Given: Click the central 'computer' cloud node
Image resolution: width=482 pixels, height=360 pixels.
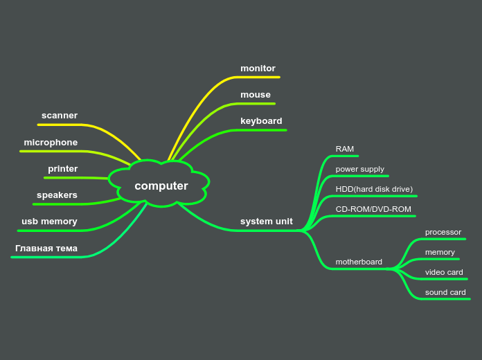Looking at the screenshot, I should coord(161,186).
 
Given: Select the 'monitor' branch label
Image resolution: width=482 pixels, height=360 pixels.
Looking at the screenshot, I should coord(258,69).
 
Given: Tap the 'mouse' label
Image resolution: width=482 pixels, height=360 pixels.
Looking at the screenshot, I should coord(256,95).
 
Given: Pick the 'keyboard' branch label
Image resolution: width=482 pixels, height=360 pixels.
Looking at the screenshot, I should coord(261,121).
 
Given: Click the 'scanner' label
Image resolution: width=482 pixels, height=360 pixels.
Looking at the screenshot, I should coord(60,116).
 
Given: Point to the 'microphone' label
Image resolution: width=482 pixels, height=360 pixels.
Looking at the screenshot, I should coord(51,143).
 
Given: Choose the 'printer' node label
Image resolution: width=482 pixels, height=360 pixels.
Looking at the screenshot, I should coord(63,169).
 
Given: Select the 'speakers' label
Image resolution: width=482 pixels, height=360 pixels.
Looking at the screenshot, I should coord(57,195).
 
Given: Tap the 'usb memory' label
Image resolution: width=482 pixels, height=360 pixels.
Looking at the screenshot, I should coord(49,222).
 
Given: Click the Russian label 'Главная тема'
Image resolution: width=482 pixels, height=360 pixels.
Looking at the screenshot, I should coord(46,249).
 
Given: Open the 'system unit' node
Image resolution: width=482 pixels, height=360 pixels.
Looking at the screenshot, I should coord(266,222).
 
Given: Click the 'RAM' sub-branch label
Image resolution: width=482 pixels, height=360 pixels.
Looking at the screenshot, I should coord(345,149).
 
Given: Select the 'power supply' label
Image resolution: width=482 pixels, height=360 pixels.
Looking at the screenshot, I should coord(359,169).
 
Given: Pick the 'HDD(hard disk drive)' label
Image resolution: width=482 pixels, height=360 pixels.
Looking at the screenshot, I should coord(374,189).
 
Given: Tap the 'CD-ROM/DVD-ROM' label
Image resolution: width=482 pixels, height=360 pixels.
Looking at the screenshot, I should coord(373,209).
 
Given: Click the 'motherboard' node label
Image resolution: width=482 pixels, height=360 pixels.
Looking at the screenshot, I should coord(359,262).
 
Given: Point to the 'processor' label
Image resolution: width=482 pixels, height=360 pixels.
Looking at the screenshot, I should coord(443,232).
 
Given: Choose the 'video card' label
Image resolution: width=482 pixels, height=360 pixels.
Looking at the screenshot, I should coord(444,272).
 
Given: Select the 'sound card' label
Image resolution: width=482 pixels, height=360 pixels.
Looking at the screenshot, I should coord(445,292).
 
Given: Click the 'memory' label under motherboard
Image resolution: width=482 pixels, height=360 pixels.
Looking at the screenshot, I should coord(440,252).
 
